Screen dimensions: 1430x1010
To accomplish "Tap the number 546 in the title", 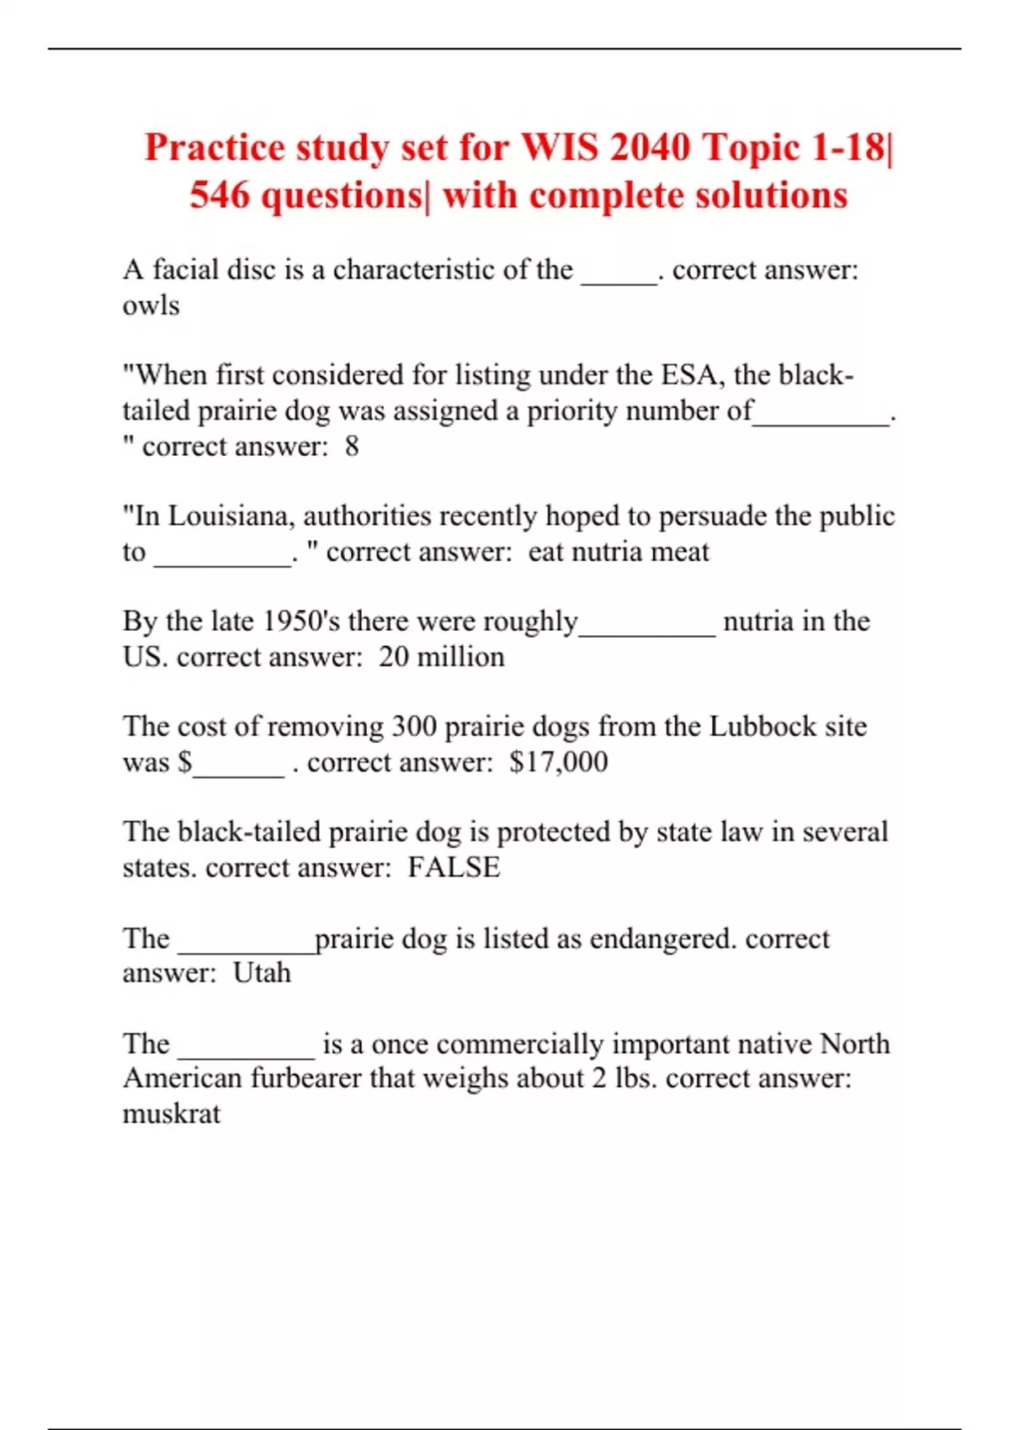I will tap(220, 196).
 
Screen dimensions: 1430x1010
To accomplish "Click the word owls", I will tap(151, 305).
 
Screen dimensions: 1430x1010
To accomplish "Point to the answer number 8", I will tap(352, 446).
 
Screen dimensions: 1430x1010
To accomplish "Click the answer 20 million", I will tap(441, 657).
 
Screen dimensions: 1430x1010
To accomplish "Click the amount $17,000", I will tap(558, 762).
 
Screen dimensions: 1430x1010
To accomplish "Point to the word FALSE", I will tap(454, 867).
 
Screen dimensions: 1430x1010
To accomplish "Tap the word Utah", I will tap(262, 973).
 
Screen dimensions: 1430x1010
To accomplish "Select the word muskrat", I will tap(172, 1114).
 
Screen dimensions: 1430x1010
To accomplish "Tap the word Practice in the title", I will tap(215, 148).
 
